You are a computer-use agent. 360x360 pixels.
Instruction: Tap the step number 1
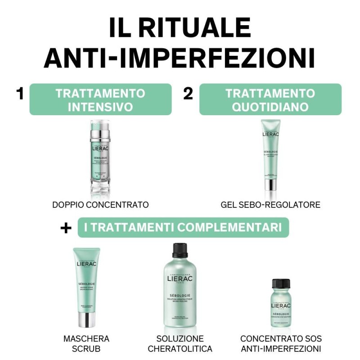click(19, 94)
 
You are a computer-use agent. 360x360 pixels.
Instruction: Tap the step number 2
click(188, 94)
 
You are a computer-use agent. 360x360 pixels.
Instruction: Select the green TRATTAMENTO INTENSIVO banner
click(100, 99)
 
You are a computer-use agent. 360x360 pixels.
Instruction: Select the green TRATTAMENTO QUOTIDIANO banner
click(270, 99)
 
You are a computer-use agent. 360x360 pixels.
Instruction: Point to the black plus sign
click(66, 228)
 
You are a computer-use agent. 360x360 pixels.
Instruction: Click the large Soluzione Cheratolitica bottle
click(180, 288)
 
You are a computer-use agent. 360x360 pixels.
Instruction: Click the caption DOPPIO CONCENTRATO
click(100, 205)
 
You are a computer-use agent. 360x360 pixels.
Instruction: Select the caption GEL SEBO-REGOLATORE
click(270, 205)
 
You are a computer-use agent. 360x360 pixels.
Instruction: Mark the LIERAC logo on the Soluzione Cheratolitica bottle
click(180, 282)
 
